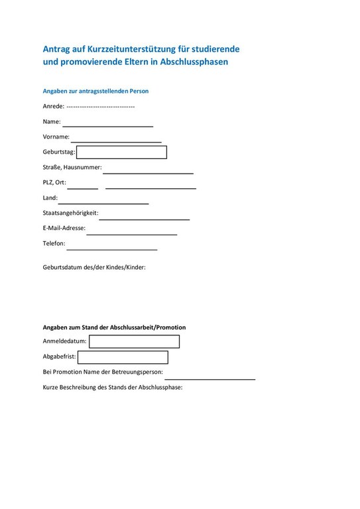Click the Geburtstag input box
coord(121,152)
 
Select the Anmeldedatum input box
coord(134,341)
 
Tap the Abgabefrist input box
coord(123,357)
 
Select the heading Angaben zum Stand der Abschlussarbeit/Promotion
coord(114,327)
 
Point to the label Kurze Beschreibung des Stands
coord(112,387)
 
